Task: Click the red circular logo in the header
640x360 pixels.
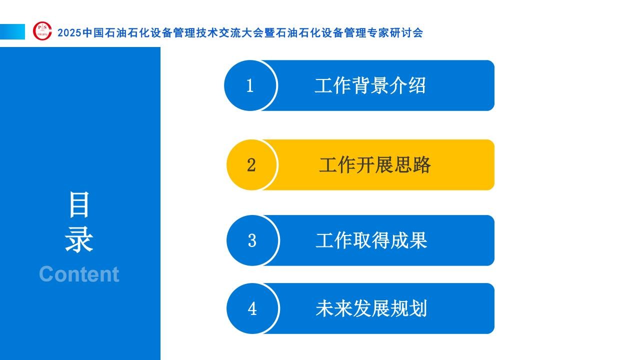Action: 42,31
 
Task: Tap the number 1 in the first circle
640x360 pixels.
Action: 250,85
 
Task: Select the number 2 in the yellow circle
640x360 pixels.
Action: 251,165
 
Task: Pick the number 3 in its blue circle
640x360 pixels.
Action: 252,240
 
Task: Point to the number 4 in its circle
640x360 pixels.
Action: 252,308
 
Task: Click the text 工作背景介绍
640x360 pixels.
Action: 370,85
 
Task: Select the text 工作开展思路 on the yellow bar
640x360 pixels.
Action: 375,165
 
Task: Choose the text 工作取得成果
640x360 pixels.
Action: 371,240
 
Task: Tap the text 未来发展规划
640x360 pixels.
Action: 371,308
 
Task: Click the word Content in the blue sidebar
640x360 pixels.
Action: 79,274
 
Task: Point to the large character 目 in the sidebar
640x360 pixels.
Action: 79,204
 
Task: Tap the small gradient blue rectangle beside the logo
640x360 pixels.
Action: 12,31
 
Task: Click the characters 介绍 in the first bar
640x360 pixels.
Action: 407,85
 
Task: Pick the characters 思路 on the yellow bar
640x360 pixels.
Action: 412,165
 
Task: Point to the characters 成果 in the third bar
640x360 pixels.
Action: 409,240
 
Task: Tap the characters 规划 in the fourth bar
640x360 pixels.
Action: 409,308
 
